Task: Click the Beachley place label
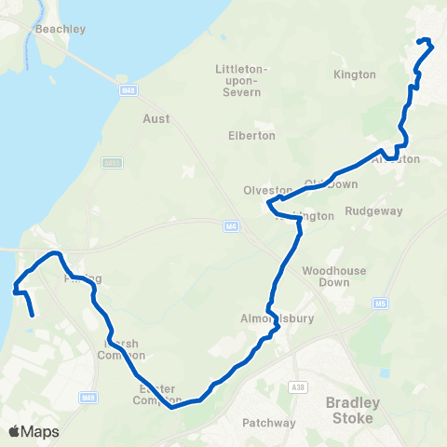tap(60, 29)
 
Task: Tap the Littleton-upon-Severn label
tap(241, 81)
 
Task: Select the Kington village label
tap(354, 74)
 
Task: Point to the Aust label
tap(156, 119)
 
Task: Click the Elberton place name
tap(251, 135)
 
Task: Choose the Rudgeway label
tap(373, 211)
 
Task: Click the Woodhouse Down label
tap(326, 277)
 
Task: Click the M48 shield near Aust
tap(129, 90)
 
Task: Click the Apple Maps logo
tap(34, 431)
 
